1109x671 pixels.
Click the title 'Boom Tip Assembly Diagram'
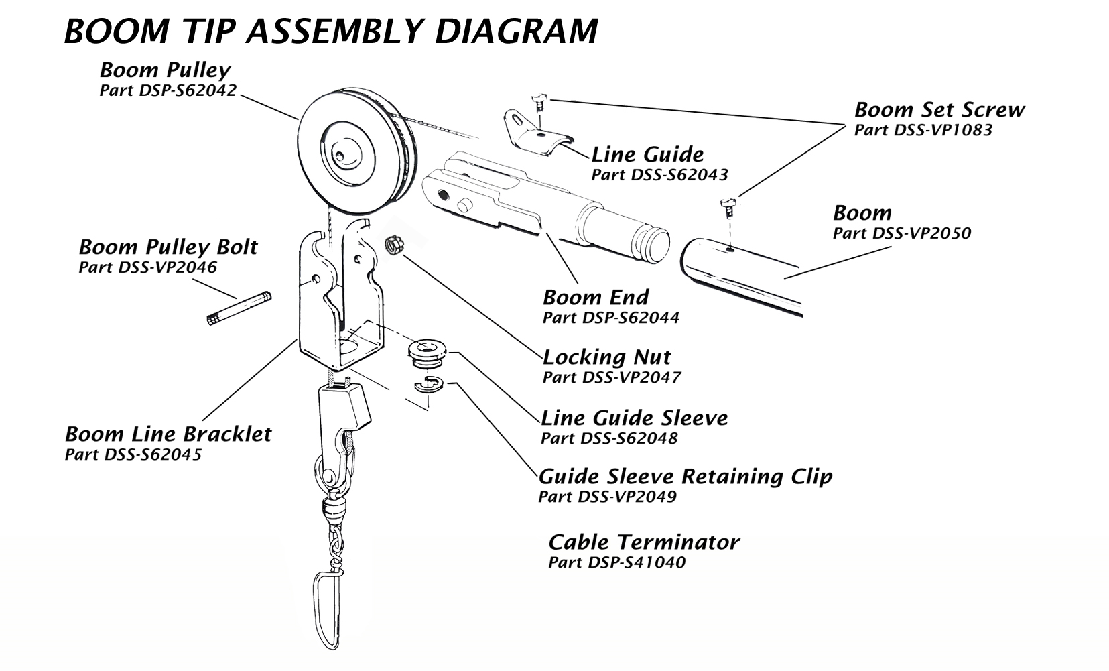[x=330, y=31]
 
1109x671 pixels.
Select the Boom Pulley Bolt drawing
[x=238, y=308]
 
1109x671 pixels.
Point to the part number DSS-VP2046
[x=147, y=267]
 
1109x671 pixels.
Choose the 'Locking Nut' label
[x=606, y=357]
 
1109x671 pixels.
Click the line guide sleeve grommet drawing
[x=427, y=355]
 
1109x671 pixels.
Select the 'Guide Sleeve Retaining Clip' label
[x=685, y=477]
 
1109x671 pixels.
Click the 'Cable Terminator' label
[x=643, y=542]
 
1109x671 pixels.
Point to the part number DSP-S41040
[x=616, y=562]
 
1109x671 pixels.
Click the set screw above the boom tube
[x=728, y=205]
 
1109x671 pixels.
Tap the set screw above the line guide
[x=538, y=103]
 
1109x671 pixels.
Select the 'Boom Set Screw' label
[x=939, y=109]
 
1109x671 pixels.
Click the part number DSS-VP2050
[x=901, y=233]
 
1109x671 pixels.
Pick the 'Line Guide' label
[x=647, y=154]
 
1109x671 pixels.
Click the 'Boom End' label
[x=596, y=297]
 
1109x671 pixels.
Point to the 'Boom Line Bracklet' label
[x=168, y=434]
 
